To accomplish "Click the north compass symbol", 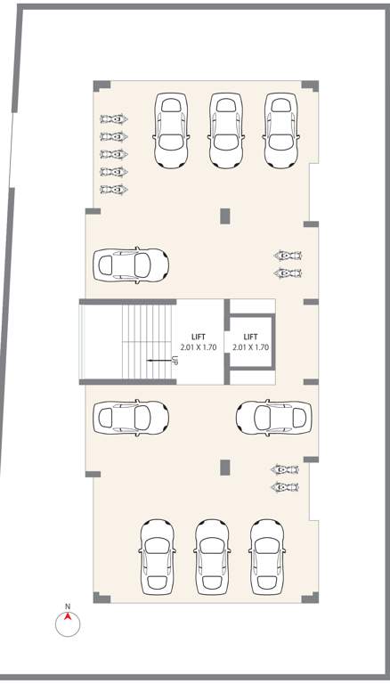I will [68, 623].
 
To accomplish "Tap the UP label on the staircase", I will [175, 361].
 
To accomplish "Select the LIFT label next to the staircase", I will [198, 338].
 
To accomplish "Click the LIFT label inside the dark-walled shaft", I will [250, 338].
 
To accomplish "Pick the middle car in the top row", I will [227, 130].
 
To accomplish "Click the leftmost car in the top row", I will [172, 130].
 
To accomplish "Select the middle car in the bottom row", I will [213, 558].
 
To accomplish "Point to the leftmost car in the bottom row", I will [157, 558].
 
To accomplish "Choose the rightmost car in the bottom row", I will [267, 558].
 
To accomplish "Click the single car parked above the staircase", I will [131, 265].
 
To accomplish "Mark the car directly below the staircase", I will [131, 417].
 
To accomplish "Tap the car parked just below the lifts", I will [274, 417].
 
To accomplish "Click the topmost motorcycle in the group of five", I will [113, 118].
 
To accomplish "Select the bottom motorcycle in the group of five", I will [113, 189].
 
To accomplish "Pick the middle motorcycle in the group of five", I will [113, 154].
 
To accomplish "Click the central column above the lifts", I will [224, 216].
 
